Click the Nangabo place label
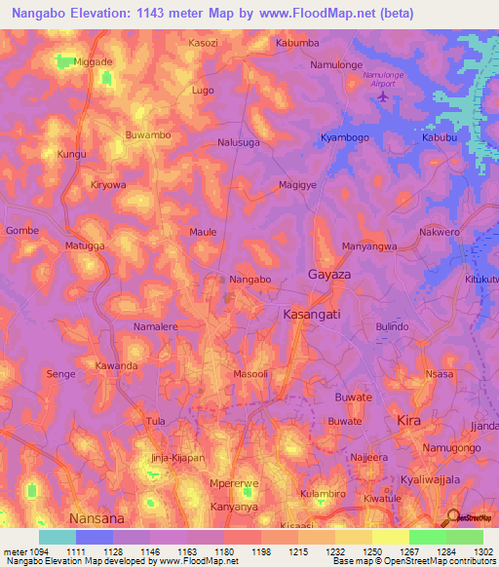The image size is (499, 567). coord(249,280)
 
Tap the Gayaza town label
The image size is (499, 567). coord(328,275)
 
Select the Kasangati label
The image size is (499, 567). coord(312,316)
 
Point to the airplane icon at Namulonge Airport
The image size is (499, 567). coord(382,95)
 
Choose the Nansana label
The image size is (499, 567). coord(97,517)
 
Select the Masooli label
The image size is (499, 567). coord(250,374)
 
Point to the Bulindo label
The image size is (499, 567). coord(392,326)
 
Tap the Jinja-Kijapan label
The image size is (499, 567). coord(176,458)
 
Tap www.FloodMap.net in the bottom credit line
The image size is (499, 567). coord(198,561)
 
